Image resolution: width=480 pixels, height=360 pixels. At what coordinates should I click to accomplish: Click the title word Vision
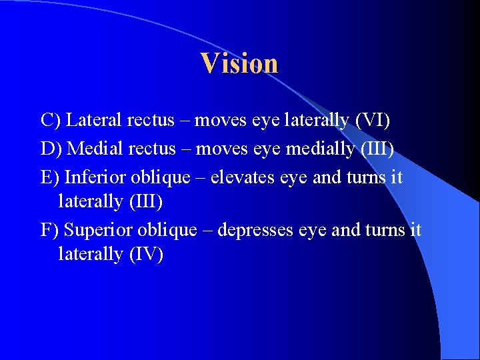[x=239, y=63]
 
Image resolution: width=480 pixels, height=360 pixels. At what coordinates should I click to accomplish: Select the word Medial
[x=95, y=149]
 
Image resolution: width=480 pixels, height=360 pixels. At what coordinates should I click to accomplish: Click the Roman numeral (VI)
[x=373, y=121]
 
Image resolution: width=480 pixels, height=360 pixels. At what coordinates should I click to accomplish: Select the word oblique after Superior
[x=167, y=230]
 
